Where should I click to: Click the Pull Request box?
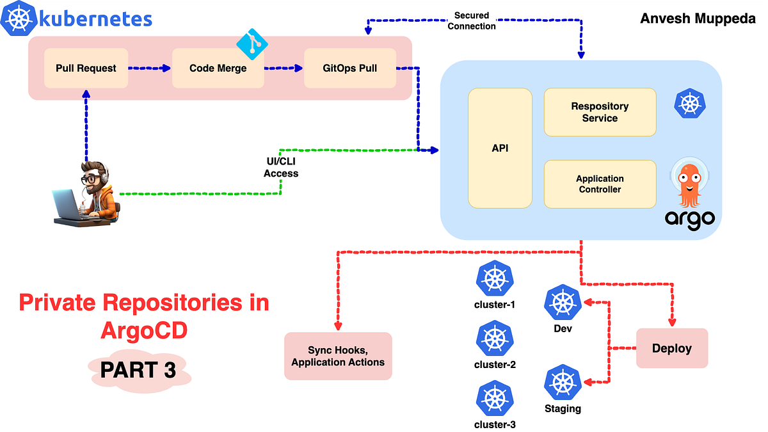(x=86, y=68)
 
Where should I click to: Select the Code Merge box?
(x=218, y=68)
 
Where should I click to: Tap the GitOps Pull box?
(x=349, y=68)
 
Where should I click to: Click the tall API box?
(x=500, y=148)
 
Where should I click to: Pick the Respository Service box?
(x=600, y=112)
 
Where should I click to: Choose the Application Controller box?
(x=600, y=184)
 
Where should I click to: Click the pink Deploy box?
(x=671, y=348)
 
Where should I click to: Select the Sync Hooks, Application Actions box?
(x=338, y=356)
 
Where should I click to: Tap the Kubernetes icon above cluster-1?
(x=495, y=279)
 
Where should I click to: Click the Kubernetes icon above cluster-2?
(x=495, y=339)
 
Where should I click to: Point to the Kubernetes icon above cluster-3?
(x=495, y=399)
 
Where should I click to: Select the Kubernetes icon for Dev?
(x=563, y=303)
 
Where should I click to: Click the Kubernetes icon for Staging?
(x=563, y=383)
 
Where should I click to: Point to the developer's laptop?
(x=69, y=205)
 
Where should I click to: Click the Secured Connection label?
(x=472, y=20)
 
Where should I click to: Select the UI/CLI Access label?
(x=281, y=168)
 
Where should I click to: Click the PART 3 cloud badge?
(x=138, y=370)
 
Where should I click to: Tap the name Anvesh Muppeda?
(x=697, y=18)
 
